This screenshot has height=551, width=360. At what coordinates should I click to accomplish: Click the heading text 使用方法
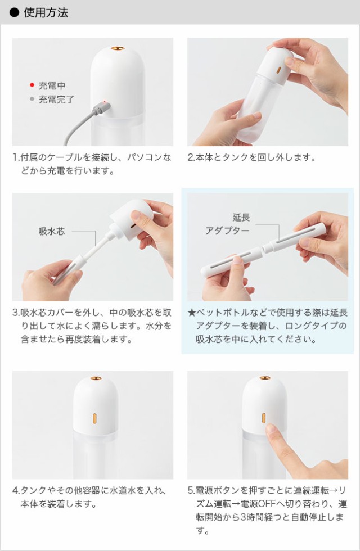click(x=46, y=12)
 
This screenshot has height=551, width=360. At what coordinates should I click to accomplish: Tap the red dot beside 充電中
click(x=32, y=85)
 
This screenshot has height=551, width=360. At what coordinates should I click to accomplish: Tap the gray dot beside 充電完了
click(x=32, y=99)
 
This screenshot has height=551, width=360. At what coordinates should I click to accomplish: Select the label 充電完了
click(x=56, y=100)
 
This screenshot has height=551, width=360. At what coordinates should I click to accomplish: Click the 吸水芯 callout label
click(x=51, y=231)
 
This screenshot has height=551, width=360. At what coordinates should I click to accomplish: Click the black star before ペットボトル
click(x=192, y=311)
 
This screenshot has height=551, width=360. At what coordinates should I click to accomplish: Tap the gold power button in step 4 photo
click(x=94, y=419)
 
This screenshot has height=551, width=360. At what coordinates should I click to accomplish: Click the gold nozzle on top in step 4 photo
click(x=94, y=378)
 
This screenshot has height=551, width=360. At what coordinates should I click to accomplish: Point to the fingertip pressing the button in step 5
click(x=271, y=430)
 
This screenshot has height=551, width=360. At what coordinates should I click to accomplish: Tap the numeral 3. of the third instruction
click(x=17, y=311)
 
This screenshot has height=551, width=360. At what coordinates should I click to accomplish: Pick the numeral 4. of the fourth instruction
click(x=17, y=490)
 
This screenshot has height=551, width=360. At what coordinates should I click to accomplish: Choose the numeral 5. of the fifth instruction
click(x=191, y=490)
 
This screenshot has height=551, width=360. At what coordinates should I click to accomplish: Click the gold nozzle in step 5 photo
click(x=264, y=378)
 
